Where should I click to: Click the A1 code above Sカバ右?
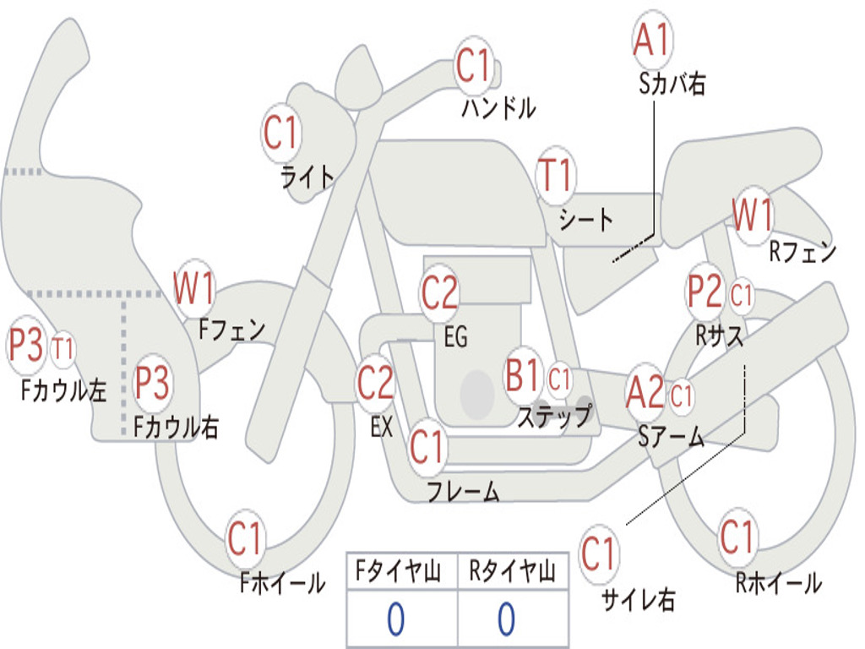[651, 41]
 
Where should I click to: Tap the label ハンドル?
[498, 107]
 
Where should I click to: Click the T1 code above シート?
[555, 177]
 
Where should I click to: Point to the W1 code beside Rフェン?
[752, 216]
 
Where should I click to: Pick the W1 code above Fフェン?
[193, 288]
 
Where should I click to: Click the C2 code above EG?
[439, 293]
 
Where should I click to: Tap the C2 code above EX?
[375, 384]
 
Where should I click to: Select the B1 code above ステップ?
[522, 375]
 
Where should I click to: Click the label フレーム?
[463, 491]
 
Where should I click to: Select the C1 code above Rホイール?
[737, 537]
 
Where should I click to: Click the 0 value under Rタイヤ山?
[506, 619]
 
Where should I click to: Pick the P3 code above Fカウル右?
[152, 384]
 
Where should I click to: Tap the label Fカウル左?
[64, 390]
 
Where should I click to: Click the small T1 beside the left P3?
[63, 348]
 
